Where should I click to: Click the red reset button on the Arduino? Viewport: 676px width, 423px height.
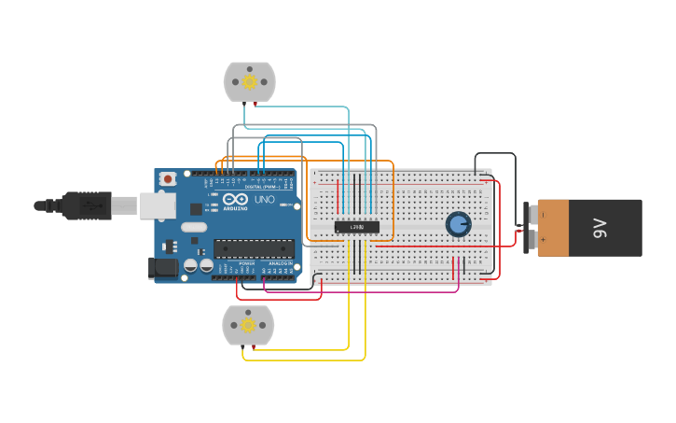(x=168, y=178)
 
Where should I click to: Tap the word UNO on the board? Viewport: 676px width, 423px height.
(x=265, y=199)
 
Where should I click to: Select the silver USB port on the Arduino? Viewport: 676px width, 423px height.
(x=158, y=205)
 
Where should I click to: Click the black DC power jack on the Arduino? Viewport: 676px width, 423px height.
(x=163, y=268)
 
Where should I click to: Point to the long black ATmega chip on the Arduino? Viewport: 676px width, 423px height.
(x=254, y=248)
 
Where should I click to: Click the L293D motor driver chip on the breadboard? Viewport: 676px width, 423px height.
(x=357, y=226)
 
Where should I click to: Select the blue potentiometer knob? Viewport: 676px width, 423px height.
(x=458, y=224)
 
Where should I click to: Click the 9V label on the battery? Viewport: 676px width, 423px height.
(x=600, y=228)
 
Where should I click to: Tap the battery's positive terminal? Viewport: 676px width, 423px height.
(x=532, y=241)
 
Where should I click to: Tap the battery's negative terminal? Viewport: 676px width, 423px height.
(x=532, y=215)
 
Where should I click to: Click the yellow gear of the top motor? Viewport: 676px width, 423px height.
(x=250, y=82)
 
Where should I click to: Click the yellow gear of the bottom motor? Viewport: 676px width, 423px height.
(x=248, y=325)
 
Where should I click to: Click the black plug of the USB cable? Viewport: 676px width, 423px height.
(x=88, y=205)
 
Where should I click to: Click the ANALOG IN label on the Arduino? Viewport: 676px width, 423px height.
(x=278, y=264)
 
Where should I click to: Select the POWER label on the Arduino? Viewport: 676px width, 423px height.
(x=246, y=264)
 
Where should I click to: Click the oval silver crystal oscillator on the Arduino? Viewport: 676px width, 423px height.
(x=194, y=227)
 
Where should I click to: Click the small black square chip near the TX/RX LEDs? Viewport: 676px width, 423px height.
(x=197, y=209)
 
